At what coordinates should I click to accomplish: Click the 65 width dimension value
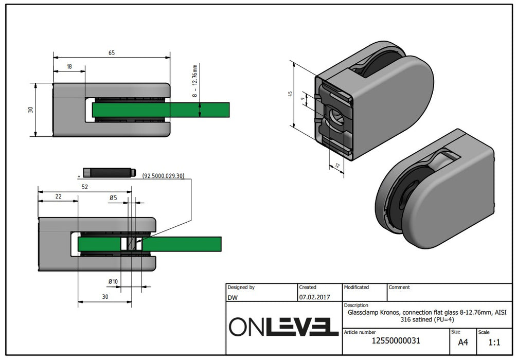point(111,52)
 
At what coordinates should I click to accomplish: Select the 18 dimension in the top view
point(69,66)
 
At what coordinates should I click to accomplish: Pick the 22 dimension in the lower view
point(58,196)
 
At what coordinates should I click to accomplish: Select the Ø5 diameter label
point(113,197)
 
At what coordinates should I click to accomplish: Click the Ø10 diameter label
point(113,281)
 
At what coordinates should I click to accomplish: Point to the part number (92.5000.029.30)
point(163,176)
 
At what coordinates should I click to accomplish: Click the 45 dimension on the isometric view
point(291,94)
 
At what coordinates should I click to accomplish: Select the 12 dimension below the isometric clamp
point(337,165)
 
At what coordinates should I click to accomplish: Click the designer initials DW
point(233,297)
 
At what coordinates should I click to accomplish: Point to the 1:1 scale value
point(494,342)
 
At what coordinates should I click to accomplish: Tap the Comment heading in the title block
point(399,287)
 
